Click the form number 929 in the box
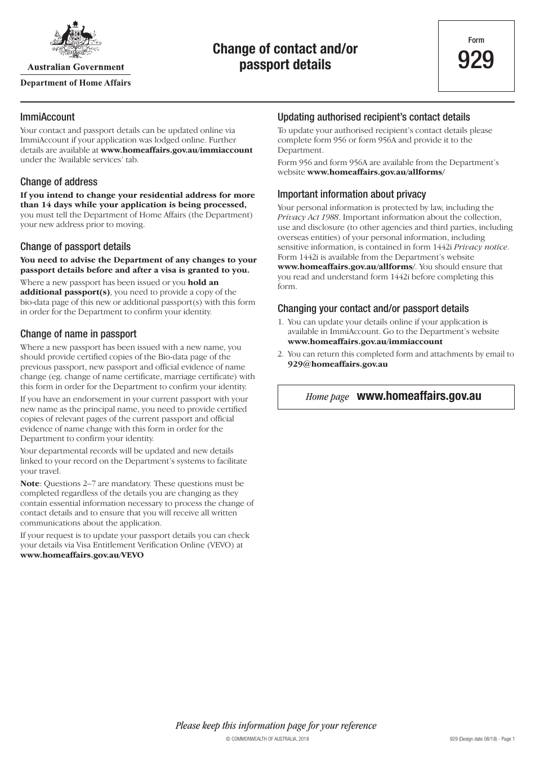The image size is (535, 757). [476, 60]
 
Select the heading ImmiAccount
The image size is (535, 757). [47, 117]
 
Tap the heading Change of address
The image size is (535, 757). [59, 182]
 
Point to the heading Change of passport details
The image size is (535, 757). [75, 247]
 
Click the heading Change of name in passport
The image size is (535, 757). [78, 334]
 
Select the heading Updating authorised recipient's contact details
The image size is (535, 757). [373, 117]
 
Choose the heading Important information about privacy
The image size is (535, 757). [351, 194]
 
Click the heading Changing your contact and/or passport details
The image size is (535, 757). [373, 309]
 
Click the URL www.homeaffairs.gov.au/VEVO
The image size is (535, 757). [82, 555]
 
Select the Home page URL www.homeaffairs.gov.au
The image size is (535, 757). [419, 396]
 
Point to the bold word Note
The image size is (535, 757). [30, 483]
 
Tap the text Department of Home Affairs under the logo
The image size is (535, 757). [75, 83]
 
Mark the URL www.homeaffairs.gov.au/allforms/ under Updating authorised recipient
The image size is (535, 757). [376, 172]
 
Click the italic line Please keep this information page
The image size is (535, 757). [276, 725]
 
